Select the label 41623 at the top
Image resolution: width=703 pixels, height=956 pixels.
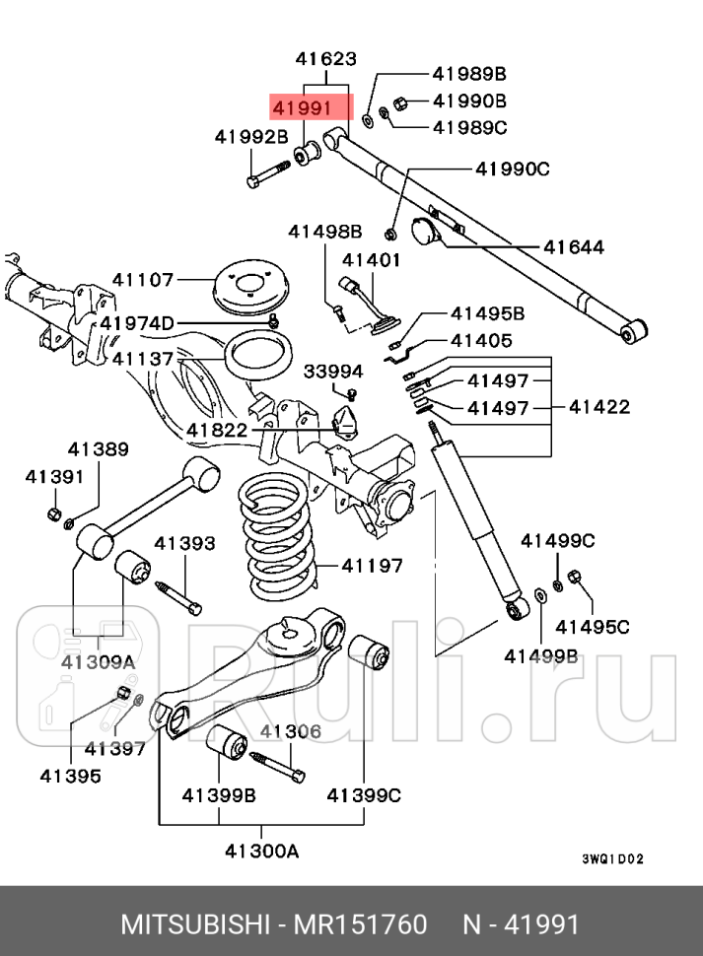(x=324, y=59)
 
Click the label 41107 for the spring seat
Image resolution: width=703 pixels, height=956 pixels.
(x=143, y=280)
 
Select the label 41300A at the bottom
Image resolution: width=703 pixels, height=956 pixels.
(x=261, y=851)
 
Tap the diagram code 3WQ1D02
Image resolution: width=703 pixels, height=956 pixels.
(x=612, y=859)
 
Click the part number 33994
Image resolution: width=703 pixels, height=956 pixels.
(x=333, y=372)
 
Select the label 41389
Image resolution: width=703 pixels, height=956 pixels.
(x=99, y=449)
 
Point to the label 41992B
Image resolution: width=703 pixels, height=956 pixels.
(x=252, y=137)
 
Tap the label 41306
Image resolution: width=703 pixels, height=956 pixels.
(x=291, y=730)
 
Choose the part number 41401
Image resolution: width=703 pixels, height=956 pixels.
(x=372, y=260)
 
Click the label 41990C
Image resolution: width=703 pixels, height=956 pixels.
(x=512, y=169)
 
